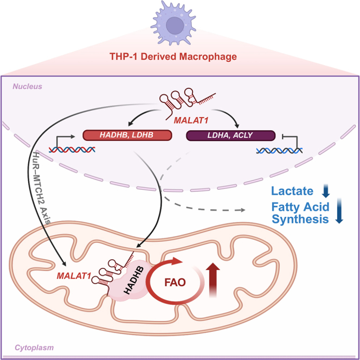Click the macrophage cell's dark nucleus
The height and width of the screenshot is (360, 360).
tap(175, 25)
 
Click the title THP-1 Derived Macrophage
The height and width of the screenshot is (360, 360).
tap(173, 56)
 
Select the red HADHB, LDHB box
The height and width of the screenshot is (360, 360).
tap(127, 135)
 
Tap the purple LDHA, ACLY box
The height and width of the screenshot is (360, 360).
tap(230, 135)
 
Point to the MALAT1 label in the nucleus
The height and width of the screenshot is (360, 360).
tap(191, 120)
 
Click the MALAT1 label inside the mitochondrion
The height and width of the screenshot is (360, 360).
tap(74, 276)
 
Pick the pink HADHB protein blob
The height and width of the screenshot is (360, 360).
tap(130, 281)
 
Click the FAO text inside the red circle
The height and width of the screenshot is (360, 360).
tap(175, 282)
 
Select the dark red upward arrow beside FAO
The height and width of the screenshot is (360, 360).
tap(213, 280)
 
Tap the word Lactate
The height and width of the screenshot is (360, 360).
tap(292, 191)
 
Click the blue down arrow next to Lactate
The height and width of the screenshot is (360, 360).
tap(326, 191)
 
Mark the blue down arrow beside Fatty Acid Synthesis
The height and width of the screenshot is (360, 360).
tap(339, 211)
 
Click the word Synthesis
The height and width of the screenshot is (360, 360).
tap(300, 219)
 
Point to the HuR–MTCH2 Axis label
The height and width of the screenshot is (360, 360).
tap(42, 188)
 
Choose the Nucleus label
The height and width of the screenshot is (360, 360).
tap(27, 87)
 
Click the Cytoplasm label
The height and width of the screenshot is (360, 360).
tap(34, 348)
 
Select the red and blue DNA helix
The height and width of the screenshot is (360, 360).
tap(72, 150)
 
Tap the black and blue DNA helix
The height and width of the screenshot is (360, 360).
tap(279, 151)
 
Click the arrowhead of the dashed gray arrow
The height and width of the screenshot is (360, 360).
tap(243, 210)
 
